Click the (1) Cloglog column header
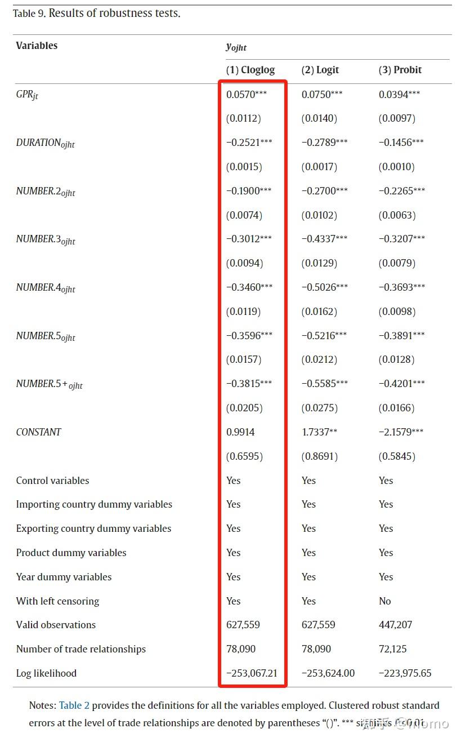[250, 70]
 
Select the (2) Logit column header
[320, 70]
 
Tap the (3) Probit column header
[400, 70]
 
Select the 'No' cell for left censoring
[384, 601]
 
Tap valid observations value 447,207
[395, 625]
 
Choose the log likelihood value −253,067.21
[252, 673]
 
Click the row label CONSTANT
[38, 432]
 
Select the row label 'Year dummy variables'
[64, 577]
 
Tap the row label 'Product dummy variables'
[71, 553]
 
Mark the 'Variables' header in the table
[37, 46]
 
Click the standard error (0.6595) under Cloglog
[244, 456]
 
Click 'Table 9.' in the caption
[29, 14]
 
